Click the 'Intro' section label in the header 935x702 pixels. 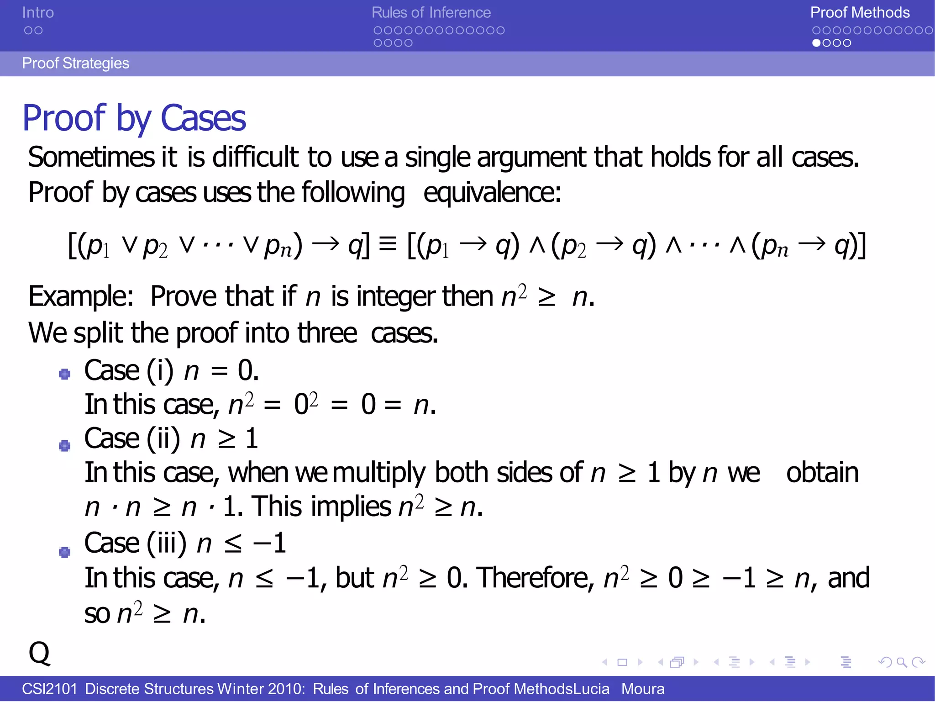(38, 12)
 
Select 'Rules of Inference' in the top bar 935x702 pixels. (431, 12)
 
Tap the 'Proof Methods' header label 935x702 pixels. (860, 12)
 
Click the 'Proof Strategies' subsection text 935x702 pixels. (75, 63)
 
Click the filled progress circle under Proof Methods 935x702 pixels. (816, 43)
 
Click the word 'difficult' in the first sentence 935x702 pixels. (255, 157)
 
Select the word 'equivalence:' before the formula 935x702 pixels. (492, 192)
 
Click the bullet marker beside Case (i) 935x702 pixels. (65, 374)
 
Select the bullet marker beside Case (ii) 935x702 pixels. (65, 445)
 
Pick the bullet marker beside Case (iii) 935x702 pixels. (65, 552)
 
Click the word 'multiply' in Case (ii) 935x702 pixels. (379, 472)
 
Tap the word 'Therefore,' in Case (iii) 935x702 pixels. (536, 578)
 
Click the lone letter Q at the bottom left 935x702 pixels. (39, 653)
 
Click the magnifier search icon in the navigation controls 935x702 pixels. (902, 662)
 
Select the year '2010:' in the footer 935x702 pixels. (286, 688)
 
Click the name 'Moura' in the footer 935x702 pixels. (643, 688)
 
